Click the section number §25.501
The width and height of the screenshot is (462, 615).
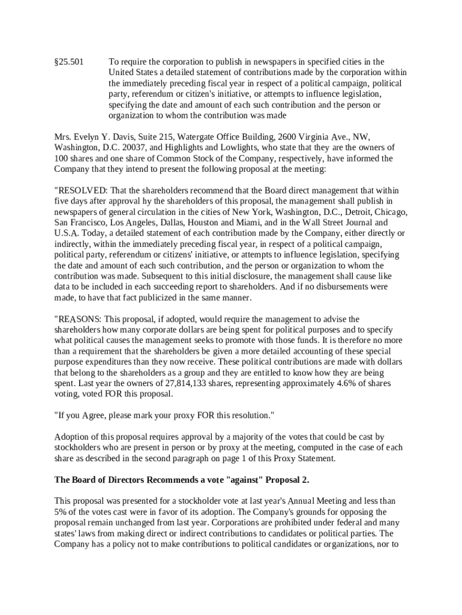click(69, 62)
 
